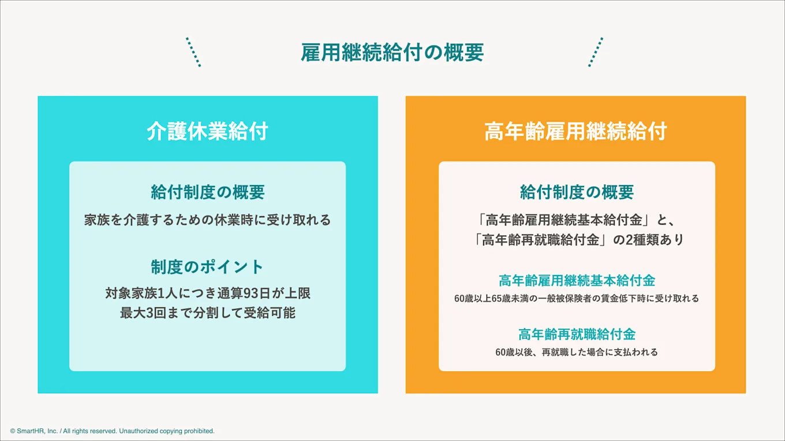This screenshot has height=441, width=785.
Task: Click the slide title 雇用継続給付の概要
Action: point(392,53)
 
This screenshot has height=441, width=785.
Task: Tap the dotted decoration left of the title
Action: point(193,52)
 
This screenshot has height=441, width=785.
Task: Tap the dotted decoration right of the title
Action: point(596,52)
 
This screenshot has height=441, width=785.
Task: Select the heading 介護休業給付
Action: point(207,131)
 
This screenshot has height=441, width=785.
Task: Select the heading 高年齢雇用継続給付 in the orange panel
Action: point(575,131)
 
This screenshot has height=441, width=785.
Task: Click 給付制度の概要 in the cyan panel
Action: point(207,192)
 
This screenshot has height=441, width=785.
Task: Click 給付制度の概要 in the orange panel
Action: point(577,192)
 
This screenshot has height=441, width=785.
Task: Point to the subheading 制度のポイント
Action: point(207,267)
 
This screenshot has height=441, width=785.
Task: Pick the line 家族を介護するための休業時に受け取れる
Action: point(207,220)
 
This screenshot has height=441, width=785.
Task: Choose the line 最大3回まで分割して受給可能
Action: point(207,314)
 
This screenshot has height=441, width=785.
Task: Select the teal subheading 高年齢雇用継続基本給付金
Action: point(577,281)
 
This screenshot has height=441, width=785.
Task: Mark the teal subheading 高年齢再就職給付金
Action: point(577,334)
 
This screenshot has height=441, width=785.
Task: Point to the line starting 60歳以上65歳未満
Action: point(577,299)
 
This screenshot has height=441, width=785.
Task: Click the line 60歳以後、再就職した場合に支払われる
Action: point(577,352)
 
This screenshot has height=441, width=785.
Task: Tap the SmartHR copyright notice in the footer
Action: point(112,431)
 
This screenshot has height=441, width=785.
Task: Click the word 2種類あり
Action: point(655,240)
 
